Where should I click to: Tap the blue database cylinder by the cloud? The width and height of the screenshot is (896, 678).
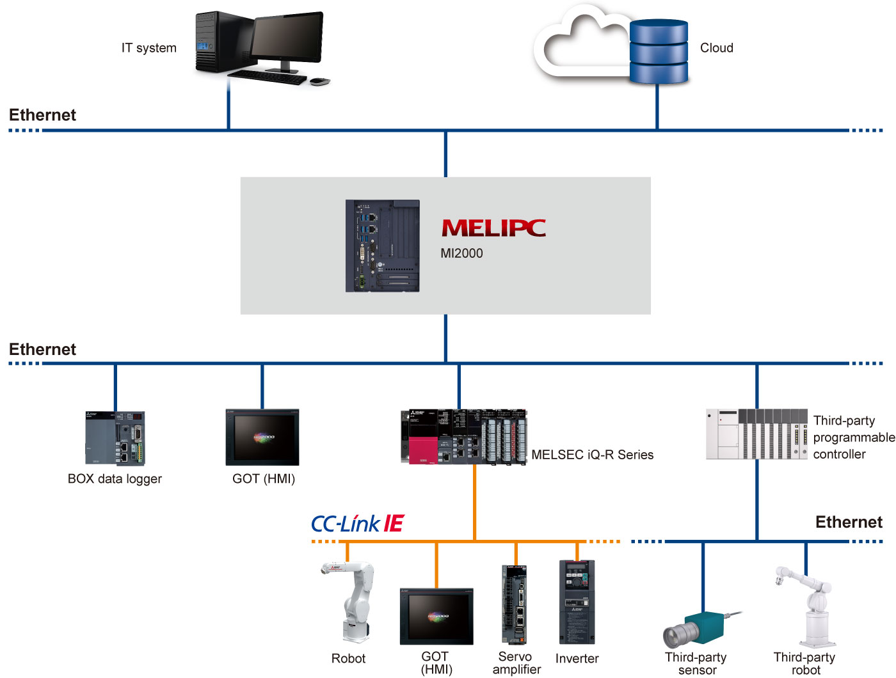pyautogui.click(x=659, y=51)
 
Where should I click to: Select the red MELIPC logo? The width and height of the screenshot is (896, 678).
pyautogui.click(x=493, y=228)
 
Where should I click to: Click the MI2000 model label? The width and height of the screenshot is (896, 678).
pyautogui.click(x=461, y=253)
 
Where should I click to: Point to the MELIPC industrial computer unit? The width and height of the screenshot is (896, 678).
pyautogui.click(x=383, y=246)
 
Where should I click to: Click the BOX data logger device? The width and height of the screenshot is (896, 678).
pyautogui.click(x=115, y=438)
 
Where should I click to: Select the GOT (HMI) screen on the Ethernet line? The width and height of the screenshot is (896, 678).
pyautogui.click(x=262, y=438)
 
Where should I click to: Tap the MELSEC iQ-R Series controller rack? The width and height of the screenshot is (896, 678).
pyautogui.click(x=464, y=437)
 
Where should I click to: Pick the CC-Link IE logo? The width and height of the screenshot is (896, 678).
pyautogui.click(x=358, y=524)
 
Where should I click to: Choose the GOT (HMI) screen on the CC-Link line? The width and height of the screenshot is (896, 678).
pyautogui.click(x=436, y=616)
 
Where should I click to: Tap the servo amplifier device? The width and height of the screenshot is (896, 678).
pyautogui.click(x=515, y=604)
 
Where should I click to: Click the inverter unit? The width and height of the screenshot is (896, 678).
pyautogui.click(x=577, y=602)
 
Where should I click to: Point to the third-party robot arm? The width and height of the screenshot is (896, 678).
pyautogui.click(x=808, y=608)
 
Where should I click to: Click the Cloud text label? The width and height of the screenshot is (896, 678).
pyautogui.click(x=716, y=48)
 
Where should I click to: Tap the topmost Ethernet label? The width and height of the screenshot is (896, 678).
pyautogui.click(x=42, y=115)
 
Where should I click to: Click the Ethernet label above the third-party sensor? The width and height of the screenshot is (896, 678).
pyautogui.click(x=848, y=523)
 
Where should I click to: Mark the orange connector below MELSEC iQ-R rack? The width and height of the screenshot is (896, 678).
pyautogui.click(x=474, y=502)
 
